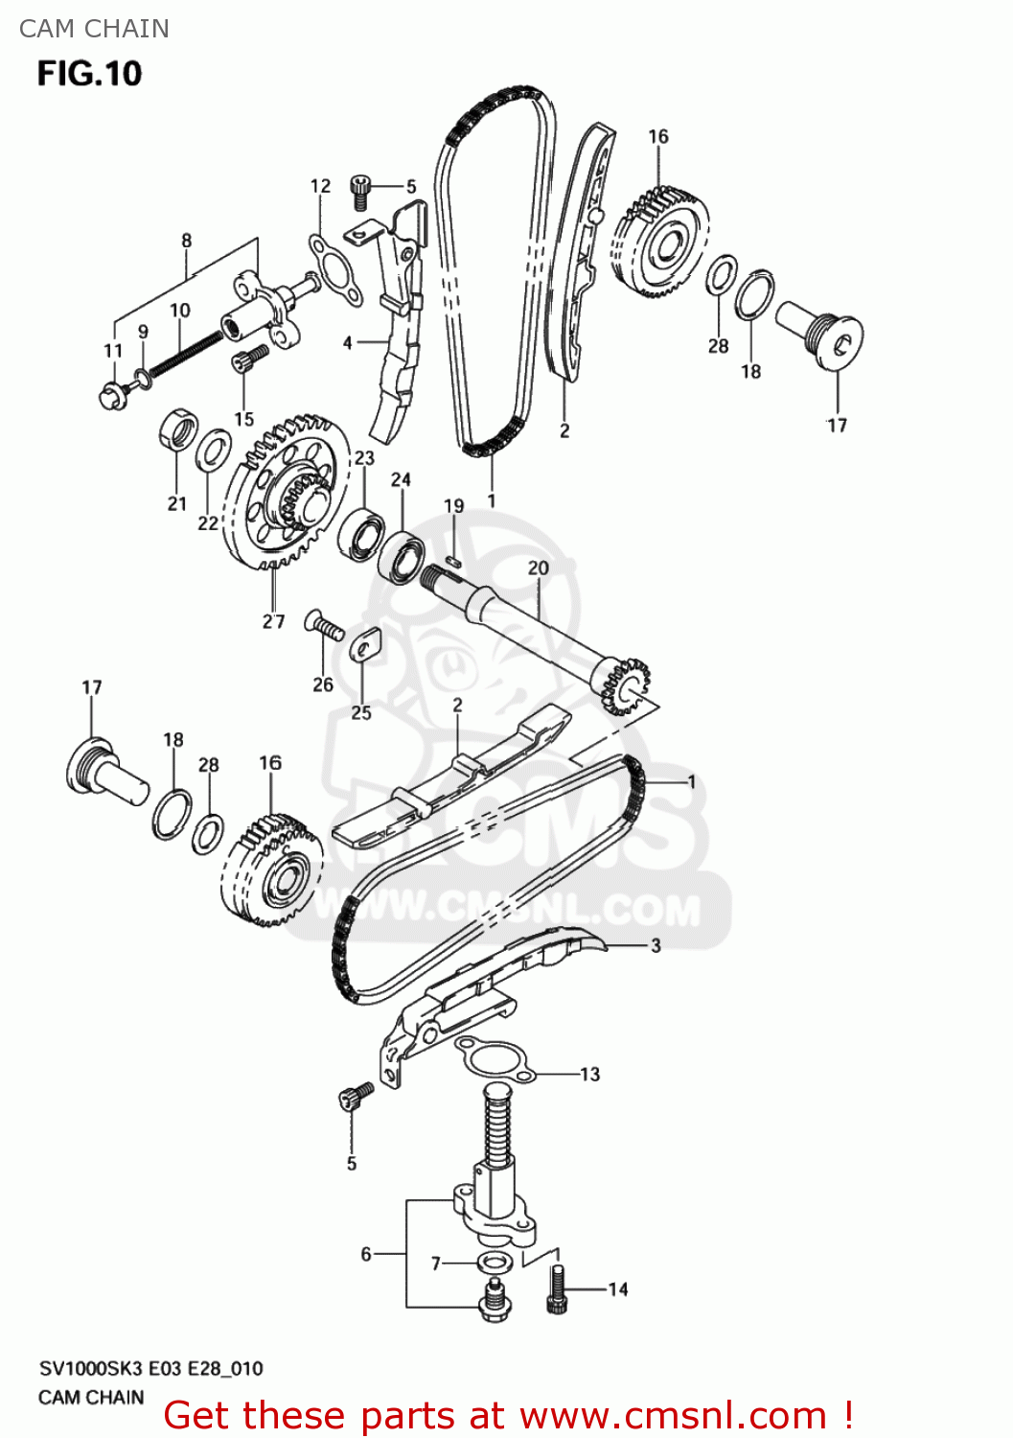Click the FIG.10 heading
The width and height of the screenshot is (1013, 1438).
click(x=89, y=74)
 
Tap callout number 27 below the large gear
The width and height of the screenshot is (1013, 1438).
click(x=273, y=621)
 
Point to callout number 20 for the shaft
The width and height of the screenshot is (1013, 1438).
click(x=538, y=568)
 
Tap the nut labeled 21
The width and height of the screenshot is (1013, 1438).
click(x=178, y=430)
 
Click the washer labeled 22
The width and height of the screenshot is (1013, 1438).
click(x=213, y=452)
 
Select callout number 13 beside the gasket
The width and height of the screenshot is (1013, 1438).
click(x=589, y=1075)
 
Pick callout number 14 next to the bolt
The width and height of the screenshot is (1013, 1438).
click(x=618, y=1290)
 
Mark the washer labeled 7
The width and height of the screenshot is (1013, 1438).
click(x=494, y=1261)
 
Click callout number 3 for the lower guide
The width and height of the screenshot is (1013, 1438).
click(x=656, y=945)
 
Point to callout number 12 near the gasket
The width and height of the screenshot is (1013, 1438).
click(x=320, y=186)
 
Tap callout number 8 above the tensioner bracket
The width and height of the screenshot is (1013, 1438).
click(x=187, y=241)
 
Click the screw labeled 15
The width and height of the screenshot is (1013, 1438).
click(x=247, y=362)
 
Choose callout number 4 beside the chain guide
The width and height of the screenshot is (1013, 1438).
click(x=348, y=342)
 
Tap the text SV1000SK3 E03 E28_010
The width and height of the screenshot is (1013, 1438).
click(x=150, y=1369)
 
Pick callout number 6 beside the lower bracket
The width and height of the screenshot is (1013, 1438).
click(x=366, y=1254)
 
